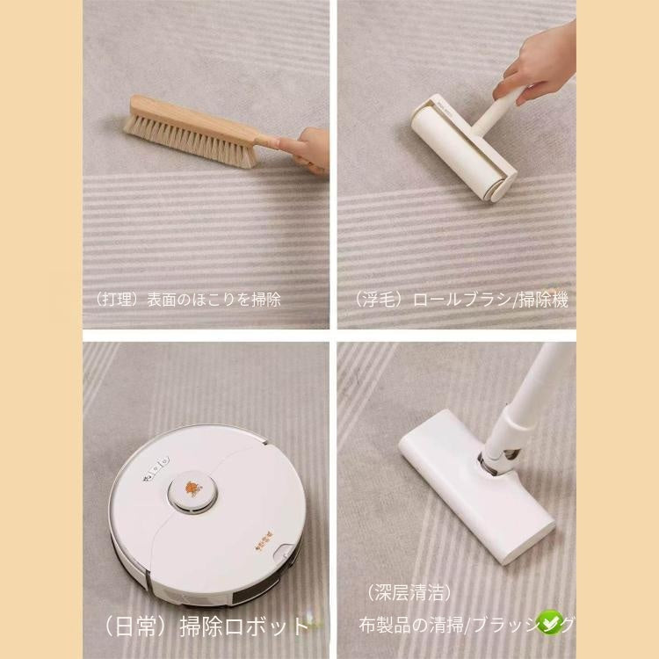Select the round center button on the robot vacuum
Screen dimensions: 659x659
click(194, 488)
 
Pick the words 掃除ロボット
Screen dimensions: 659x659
click(245, 626)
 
